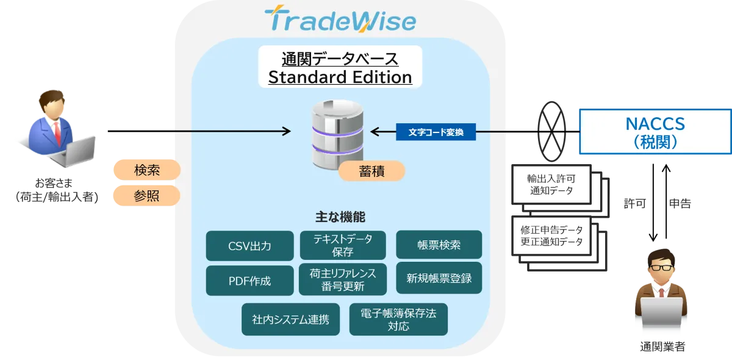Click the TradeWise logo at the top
[340, 20]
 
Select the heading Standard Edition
[340, 77]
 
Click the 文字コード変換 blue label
[436, 131]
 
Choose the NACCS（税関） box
[655, 132]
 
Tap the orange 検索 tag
[146, 170]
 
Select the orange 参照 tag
[146, 196]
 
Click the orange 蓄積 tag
[371, 171]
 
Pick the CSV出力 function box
[249, 246]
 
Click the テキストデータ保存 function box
[343, 245]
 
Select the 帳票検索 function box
[439, 245]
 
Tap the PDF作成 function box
[249, 281]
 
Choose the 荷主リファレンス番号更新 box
[343, 279]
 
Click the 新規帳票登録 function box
[439, 279]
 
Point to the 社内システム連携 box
[290, 319]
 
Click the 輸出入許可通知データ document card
[551, 184]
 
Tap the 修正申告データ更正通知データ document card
[551, 236]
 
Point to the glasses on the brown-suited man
[661, 267]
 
